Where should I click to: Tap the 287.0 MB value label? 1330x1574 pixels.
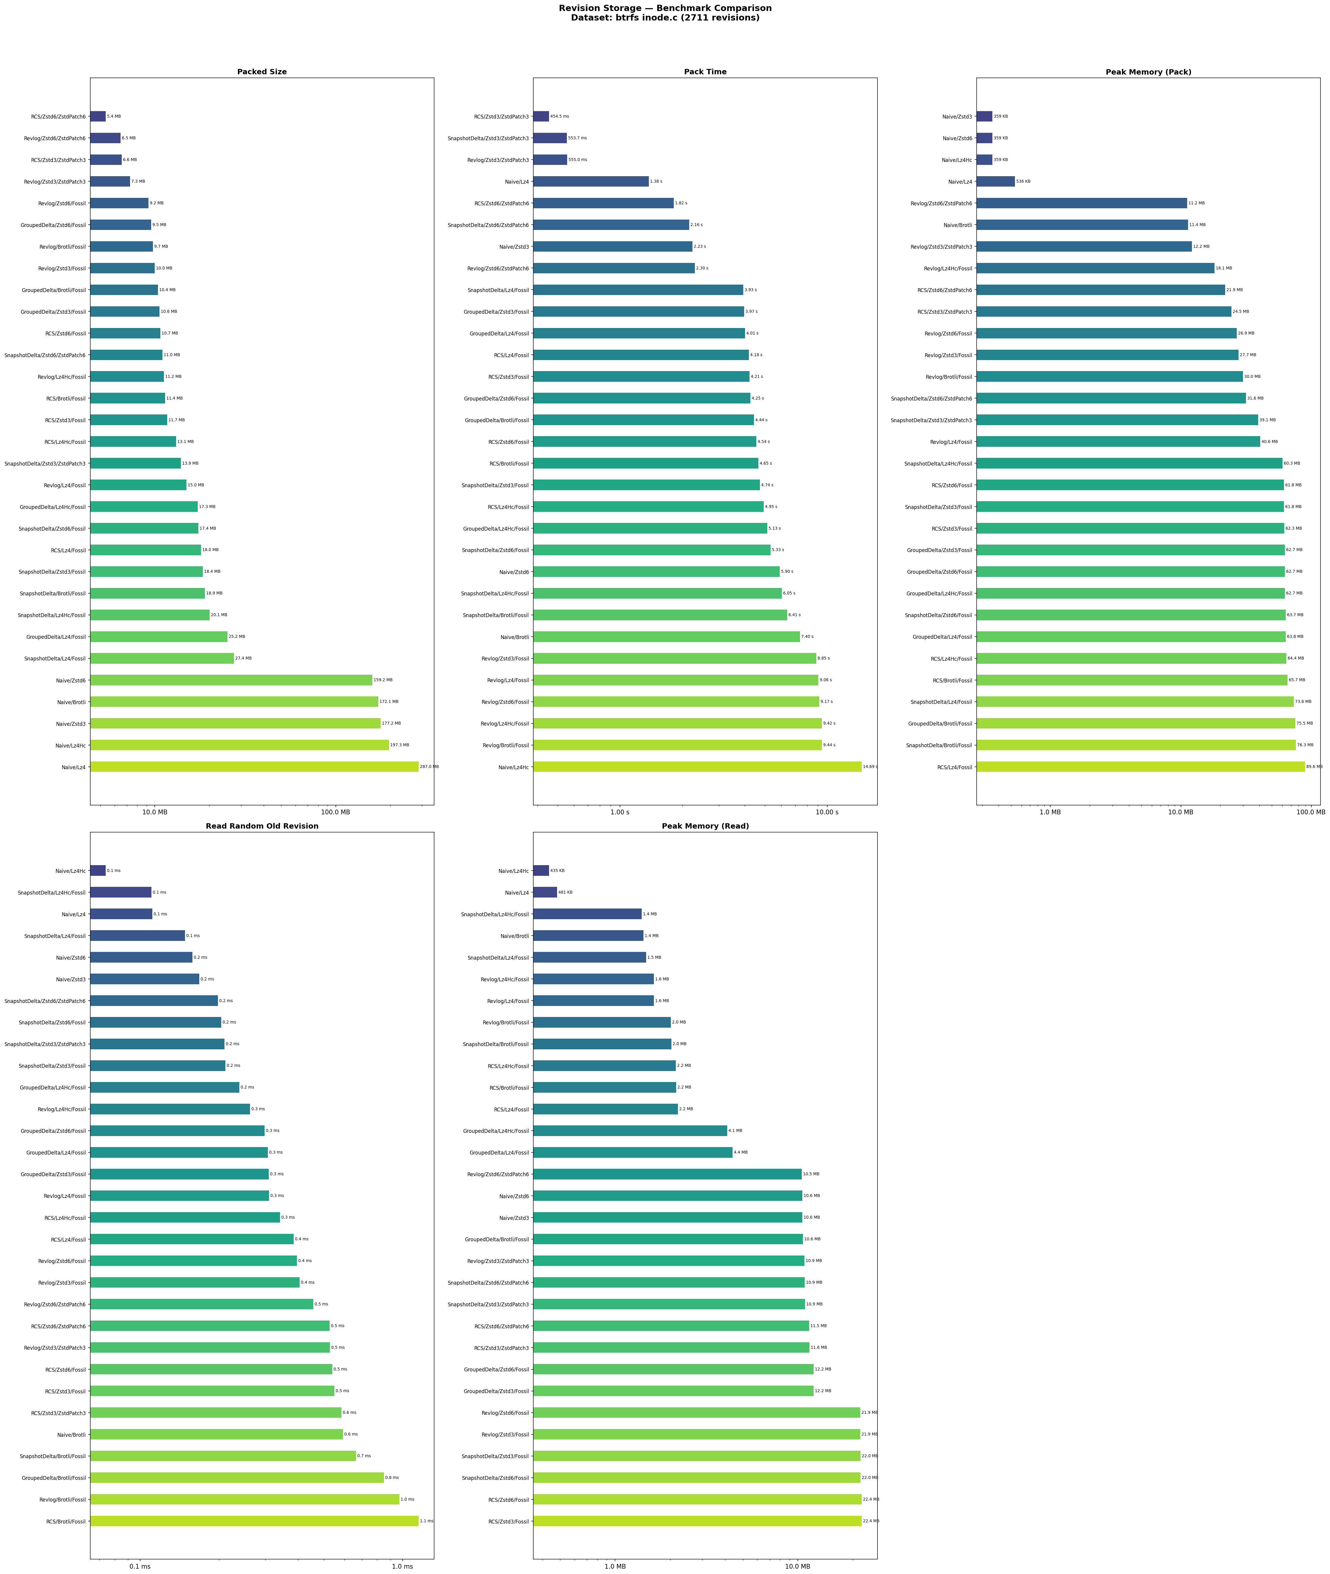[428, 767]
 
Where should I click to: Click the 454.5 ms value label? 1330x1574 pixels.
[559, 117]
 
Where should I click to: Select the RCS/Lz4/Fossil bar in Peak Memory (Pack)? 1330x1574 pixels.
[1140, 767]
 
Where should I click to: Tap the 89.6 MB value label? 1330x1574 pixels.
[1314, 767]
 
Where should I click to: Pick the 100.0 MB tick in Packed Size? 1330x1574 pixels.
[336, 812]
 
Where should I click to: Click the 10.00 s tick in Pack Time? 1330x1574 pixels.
[827, 812]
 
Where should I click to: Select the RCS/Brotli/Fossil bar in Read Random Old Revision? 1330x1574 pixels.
[254, 1521]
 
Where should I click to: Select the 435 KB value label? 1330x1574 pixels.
[557, 871]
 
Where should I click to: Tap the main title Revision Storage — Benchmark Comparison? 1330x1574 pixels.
[665, 8]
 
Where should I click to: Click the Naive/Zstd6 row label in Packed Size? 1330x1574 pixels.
[71, 680]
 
